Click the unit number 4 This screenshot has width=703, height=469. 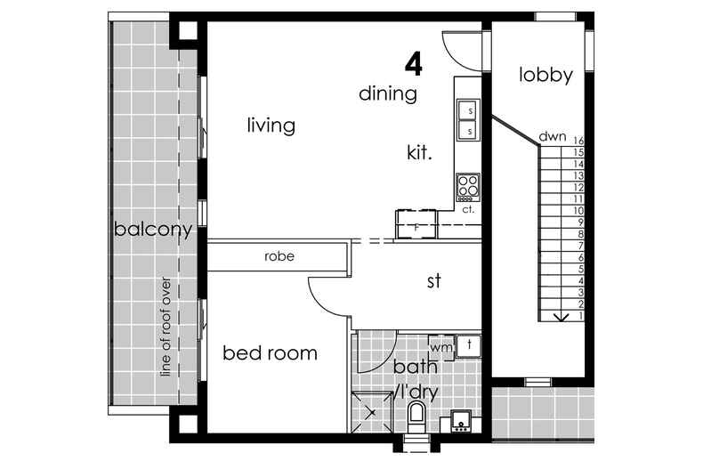[413, 63]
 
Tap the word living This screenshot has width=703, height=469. [271, 125]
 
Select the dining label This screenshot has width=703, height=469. [388, 93]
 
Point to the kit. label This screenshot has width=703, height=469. [419, 153]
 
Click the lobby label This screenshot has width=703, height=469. [545, 76]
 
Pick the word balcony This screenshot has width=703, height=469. [153, 230]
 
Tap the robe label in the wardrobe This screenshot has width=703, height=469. [279, 256]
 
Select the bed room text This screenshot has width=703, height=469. [270, 353]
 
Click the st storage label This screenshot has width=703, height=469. [433, 282]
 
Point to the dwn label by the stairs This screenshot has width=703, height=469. [552, 137]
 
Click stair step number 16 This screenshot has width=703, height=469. [578, 141]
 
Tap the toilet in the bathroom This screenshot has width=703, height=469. [416, 416]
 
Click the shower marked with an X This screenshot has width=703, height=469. [372, 412]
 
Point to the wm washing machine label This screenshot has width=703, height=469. [440, 346]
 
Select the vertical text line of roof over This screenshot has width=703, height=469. [166, 326]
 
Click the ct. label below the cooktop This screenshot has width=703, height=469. [468, 210]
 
